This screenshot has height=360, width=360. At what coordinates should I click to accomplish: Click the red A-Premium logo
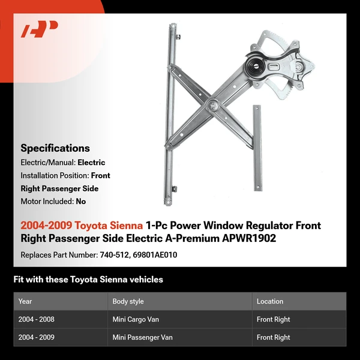coord(39,29)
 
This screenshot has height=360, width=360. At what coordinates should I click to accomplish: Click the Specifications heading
coord(55,148)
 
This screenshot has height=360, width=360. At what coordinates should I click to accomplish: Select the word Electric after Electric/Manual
coord(91,163)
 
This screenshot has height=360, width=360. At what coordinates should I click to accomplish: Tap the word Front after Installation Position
coord(100,176)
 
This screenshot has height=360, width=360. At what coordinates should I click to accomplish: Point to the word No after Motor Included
coord(80,202)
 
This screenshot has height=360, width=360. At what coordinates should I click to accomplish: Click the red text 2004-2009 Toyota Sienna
coord(82,226)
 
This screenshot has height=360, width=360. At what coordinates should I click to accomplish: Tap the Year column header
coord(25,301)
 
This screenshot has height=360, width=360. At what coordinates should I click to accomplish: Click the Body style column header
coord(128,301)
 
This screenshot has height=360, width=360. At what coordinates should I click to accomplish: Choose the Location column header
coord(270,301)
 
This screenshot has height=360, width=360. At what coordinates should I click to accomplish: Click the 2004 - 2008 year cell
coord(36,319)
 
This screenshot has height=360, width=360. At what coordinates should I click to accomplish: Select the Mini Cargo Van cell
coord(136,319)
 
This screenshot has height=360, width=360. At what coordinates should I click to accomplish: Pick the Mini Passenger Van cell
coord(142,337)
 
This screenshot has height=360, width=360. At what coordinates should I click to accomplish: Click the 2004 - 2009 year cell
coord(36,337)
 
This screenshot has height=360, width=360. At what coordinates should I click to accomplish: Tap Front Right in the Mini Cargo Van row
coord(274,319)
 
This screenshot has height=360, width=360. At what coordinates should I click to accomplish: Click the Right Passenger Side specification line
coord(59,188)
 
